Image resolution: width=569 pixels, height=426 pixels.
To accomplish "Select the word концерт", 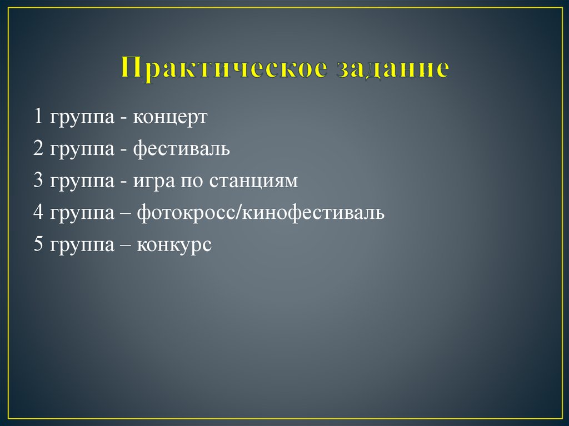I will pyautogui.click(x=169, y=118).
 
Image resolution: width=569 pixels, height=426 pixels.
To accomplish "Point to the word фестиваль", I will pyautogui.click(x=181, y=149).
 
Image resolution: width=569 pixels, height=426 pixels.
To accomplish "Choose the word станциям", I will pyautogui.click(x=253, y=181).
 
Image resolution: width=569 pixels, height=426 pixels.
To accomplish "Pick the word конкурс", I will pyautogui.click(x=174, y=245).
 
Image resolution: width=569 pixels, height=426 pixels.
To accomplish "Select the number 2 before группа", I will pyautogui.click(x=38, y=149).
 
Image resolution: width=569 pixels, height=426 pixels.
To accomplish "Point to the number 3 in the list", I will pyautogui.click(x=38, y=181).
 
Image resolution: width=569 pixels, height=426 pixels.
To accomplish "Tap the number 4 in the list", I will pyautogui.click(x=38, y=213).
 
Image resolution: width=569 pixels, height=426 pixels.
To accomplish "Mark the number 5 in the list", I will pyautogui.click(x=38, y=245).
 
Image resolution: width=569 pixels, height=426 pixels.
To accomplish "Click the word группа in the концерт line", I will pyautogui.click(x=81, y=119).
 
